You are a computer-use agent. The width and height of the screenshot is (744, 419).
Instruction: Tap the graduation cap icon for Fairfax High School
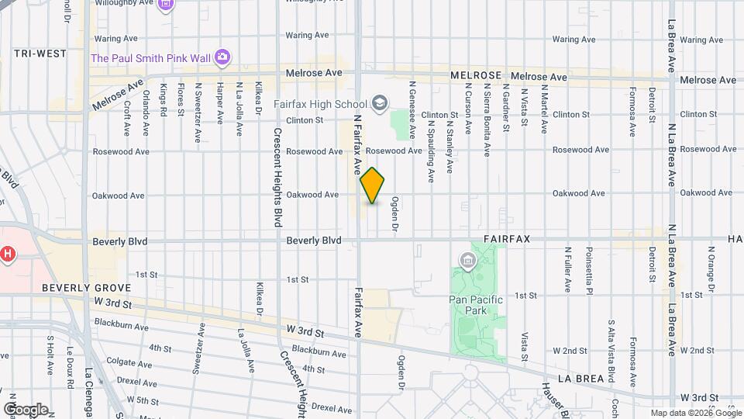[x=380, y=103]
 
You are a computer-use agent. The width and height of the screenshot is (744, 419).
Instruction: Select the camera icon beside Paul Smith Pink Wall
[x=222, y=57]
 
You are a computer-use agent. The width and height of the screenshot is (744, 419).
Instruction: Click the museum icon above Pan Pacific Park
[x=468, y=260]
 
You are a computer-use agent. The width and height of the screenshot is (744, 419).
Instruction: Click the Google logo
[x=26, y=409]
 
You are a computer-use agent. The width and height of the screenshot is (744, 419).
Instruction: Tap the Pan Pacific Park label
[x=476, y=305]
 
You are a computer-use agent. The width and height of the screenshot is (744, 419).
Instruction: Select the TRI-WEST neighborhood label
[x=40, y=54]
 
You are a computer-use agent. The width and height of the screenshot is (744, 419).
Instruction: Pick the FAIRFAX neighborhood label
[x=507, y=239]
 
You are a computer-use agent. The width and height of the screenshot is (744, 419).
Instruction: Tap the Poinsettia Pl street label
[x=589, y=268]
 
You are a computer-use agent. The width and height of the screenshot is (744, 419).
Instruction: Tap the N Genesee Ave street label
[x=413, y=105]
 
